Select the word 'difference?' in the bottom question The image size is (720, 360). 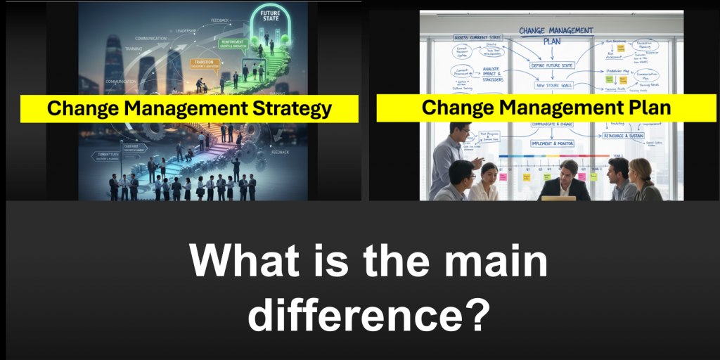click(368, 314)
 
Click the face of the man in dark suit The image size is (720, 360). click(569, 169)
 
